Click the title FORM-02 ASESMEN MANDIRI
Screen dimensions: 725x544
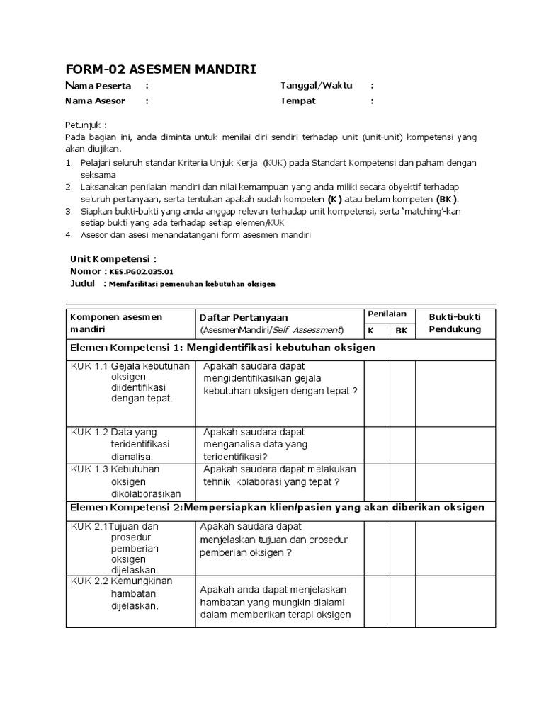(x=161, y=68)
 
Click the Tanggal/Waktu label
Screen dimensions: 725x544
(x=316, y=86)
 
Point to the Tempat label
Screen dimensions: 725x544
(x=298, y=101)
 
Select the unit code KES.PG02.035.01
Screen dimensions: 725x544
(x=141, y=271)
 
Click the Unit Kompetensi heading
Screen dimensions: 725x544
(x=113, y=258)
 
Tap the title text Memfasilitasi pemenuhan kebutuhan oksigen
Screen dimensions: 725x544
(x=191, y=283)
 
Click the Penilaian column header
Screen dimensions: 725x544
(x=387, y=314)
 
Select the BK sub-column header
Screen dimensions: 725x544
(x=402, y=330)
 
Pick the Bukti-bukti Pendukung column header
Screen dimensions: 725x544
(x=455, y=323)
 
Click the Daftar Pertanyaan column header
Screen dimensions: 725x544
(x=244, y=317)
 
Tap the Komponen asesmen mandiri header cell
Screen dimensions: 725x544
(x=116, y=323)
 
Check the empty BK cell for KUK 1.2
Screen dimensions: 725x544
(x=402, y=443)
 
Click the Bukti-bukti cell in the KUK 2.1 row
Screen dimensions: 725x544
(x=455, y=547)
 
